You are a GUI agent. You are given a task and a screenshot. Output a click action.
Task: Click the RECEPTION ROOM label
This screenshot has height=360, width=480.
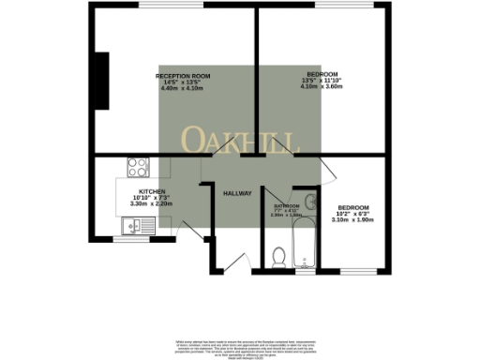[183, 75]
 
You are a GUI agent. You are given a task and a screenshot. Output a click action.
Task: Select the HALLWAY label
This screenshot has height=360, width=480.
[237, 193]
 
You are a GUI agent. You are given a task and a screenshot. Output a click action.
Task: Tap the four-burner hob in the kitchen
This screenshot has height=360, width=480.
[138, 169]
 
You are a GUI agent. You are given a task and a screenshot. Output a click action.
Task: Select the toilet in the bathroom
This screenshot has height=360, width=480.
[277, 255]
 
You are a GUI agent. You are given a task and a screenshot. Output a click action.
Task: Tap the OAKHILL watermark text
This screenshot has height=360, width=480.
[240, 142]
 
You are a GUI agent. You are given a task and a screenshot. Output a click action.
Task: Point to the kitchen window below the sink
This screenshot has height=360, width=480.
[131, 238]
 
